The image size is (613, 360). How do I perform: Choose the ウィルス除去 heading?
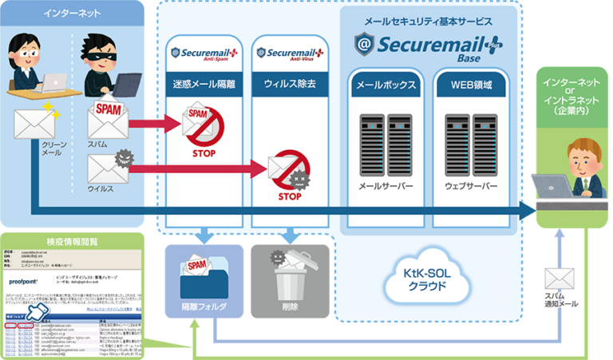289,85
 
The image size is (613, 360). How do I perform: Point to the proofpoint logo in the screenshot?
27,283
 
